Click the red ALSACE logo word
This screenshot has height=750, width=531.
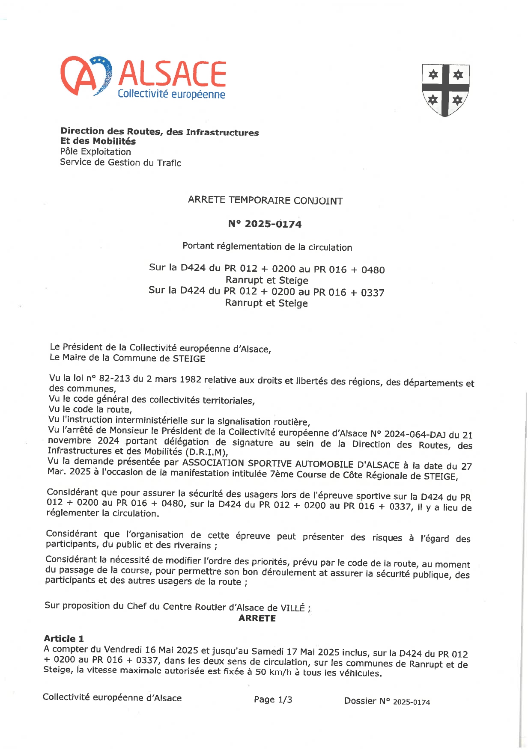[x=172, y=73]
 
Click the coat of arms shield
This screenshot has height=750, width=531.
[x=445, y=90]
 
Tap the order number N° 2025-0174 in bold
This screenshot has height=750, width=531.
[x=265, y=224]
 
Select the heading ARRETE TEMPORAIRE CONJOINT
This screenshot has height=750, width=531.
[x=265, y=200]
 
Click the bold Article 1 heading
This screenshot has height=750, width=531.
[x=64, y=638]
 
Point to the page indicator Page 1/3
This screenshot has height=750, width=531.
[x=273, y=700]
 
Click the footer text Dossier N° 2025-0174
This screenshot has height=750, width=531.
[x=387, y=701]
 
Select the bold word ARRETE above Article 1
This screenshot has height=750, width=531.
[x=257, y=618]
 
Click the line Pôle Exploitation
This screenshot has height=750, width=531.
[x=95, y=151]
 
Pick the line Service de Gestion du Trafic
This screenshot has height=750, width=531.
[x=120, y=162]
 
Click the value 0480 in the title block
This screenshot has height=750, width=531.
[x=373, y=270]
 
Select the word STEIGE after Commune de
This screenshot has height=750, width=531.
[x=188, y=359]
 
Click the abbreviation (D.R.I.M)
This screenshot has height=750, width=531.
[x=206, y=452]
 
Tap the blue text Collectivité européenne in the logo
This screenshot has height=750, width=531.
[x=171, y=94]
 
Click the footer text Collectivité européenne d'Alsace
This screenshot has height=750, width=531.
[x=112, y=697]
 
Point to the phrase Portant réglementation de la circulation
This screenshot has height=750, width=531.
[x=267, y=246]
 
